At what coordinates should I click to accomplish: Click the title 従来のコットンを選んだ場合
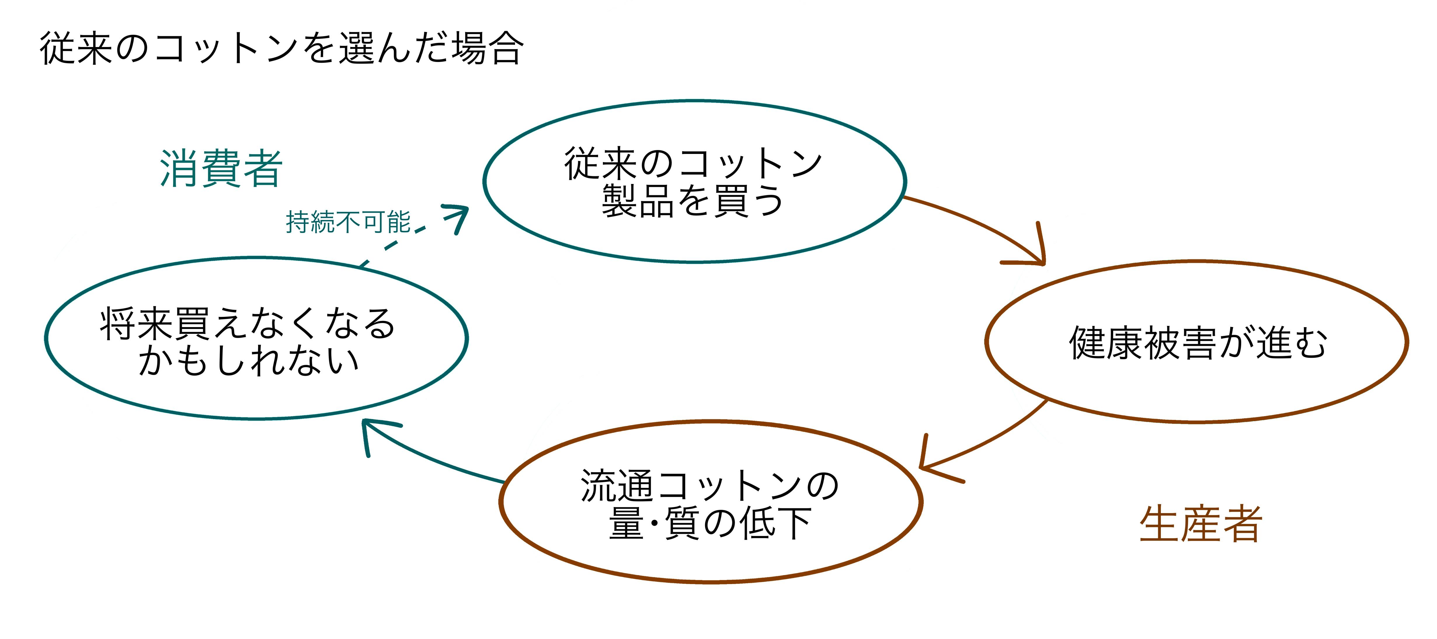point(282,48)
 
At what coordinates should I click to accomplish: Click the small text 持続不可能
point(348,222)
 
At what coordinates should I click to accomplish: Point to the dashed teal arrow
point(413,235)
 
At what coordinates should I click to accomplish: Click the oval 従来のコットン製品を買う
point(695,181)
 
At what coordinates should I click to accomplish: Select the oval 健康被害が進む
point(1196,341)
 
